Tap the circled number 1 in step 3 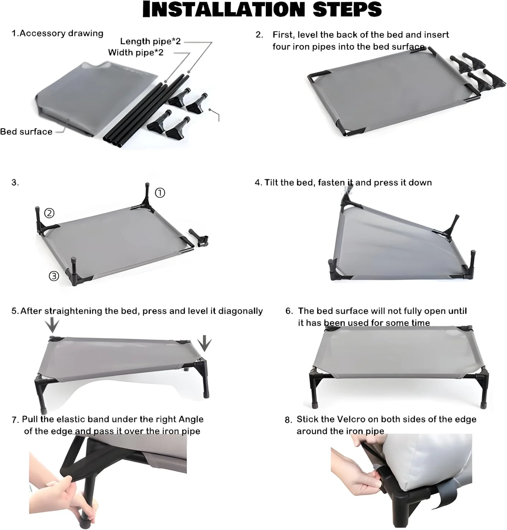tap(160, 193)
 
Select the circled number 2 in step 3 tap(49, 213)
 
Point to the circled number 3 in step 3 tap(54, 276)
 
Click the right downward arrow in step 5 tap(205, 343)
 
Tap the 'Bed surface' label tap(26, 132)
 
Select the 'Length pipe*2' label tap(150, 41)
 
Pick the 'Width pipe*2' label tap(136, 53)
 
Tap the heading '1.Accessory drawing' tap(58, 33)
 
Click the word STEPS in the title tap(347, 9)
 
